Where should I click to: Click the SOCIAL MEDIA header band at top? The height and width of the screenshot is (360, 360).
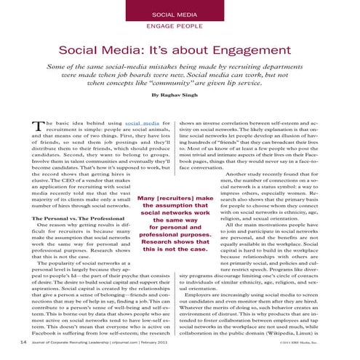pyautogui.click(x=180, y=15)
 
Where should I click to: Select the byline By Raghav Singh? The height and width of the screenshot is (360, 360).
pyautogui.click(x=180, y=95)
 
